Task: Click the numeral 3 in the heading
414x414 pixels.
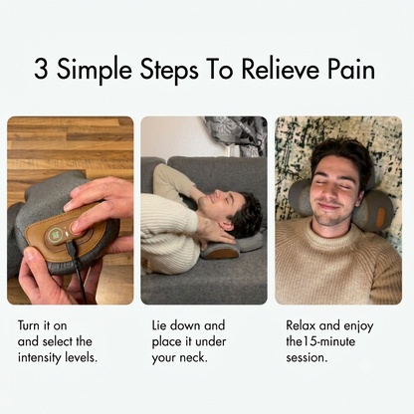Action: [x=41, y=69]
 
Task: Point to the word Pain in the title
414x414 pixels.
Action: [x=351, y=69]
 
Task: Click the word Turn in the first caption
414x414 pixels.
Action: [x=29, y=325]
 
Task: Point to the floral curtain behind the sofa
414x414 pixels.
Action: [x=236, y=136]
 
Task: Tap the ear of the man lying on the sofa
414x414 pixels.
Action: [x=227, y=227]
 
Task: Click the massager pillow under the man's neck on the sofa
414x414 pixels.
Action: [x=229, y=247]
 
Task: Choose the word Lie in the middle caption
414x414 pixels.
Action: [x=159, y=325]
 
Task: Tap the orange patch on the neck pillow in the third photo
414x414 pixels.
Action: [x=381, y=215]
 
